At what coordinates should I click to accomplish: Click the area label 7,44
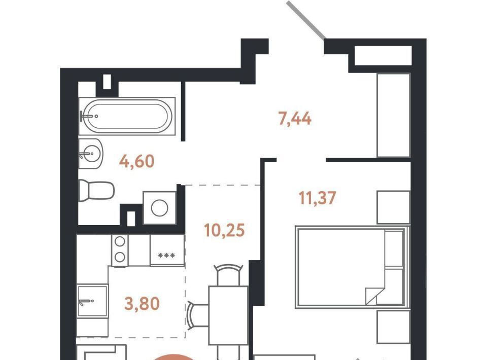click(x=295, y=119)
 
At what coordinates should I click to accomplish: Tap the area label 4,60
click(x=136, y=161)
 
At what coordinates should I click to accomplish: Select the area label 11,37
click(x=317, y=198)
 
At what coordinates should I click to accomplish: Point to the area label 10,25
click(x=225, y=230)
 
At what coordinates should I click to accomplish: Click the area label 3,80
click(x=142, y=304)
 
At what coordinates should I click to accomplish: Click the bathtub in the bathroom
click(x=127, y=116)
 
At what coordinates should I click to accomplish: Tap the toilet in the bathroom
click(x=96, y=190)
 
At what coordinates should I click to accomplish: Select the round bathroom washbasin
click(x=90, y=153)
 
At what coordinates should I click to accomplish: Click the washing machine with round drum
click(x=159, y=207)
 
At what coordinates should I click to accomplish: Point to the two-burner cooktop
click(x=120, y=250)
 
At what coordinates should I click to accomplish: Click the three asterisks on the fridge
click(x=166, y=256)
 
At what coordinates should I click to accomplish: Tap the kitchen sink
click(x=92, y=301)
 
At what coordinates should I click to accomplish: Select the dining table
click(x=228, y=315)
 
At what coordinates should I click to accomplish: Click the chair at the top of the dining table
click(x=229, y=274)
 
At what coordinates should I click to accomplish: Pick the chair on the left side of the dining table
click(x=198, y=315)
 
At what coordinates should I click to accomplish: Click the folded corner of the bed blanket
click(x=371, y=296)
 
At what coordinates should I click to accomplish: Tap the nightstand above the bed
click(x=394, y=207)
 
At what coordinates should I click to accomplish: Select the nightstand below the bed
click(x=394, y=327)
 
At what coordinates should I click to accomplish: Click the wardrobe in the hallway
click(x=394, y=115)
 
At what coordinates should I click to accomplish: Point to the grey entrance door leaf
click(x=306, y=20)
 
